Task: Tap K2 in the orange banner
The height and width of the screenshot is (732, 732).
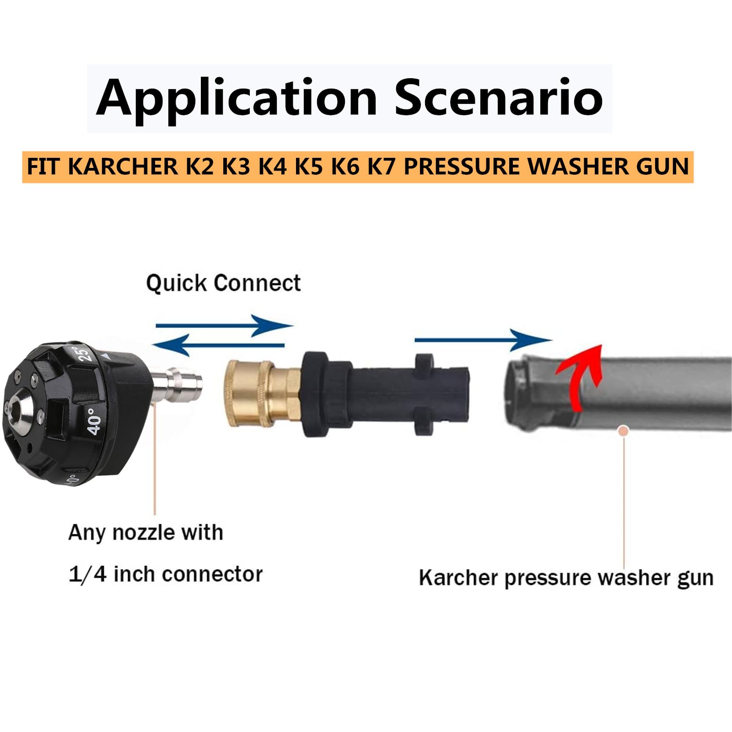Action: pyautogui.click(x=199, y=166)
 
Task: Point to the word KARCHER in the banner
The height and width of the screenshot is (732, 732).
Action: pyautogui.click(x=123, y=166)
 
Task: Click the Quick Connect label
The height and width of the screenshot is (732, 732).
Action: pyautogui.click(x=223, y=283)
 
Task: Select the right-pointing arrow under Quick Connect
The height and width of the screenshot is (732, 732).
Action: pyautogui.click(x=224, y=326)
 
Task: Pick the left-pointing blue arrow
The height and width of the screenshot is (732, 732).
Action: pyautogui.click(x=218, y=345)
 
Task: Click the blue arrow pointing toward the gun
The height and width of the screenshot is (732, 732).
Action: pyautogui.click(x=483, y=340)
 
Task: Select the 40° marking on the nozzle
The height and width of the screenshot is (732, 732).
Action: pyautogui.click(x=94, y=421)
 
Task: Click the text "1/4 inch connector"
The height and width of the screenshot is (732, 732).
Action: pyautogui.click(x=166, y=574)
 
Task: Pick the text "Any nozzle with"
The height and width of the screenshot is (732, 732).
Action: pyautogui.click(x=145, y=533)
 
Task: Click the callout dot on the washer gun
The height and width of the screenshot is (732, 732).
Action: pyautogui.click(x=623, y=431)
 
